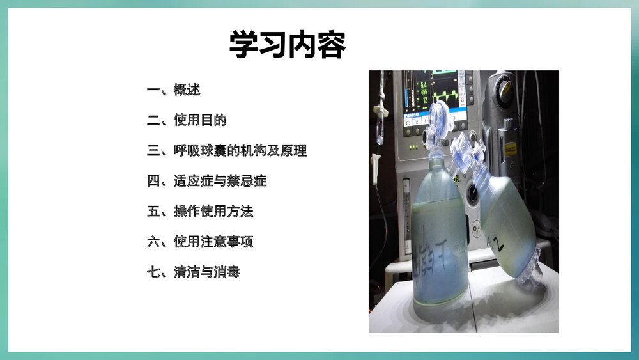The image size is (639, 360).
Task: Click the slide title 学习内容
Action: point(288,45)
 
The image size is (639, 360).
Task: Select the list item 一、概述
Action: point(173,90)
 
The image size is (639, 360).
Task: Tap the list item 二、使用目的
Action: point(187,120)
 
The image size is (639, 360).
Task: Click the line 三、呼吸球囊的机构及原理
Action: point(227,151)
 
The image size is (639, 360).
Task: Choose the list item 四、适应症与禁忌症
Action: point(206,181)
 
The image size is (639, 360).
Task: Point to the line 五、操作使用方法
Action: point(200,212)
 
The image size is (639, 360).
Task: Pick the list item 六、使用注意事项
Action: point(200,242)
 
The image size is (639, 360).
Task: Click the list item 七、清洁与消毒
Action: point(193,272)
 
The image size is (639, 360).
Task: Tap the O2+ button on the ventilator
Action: point(477,228)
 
